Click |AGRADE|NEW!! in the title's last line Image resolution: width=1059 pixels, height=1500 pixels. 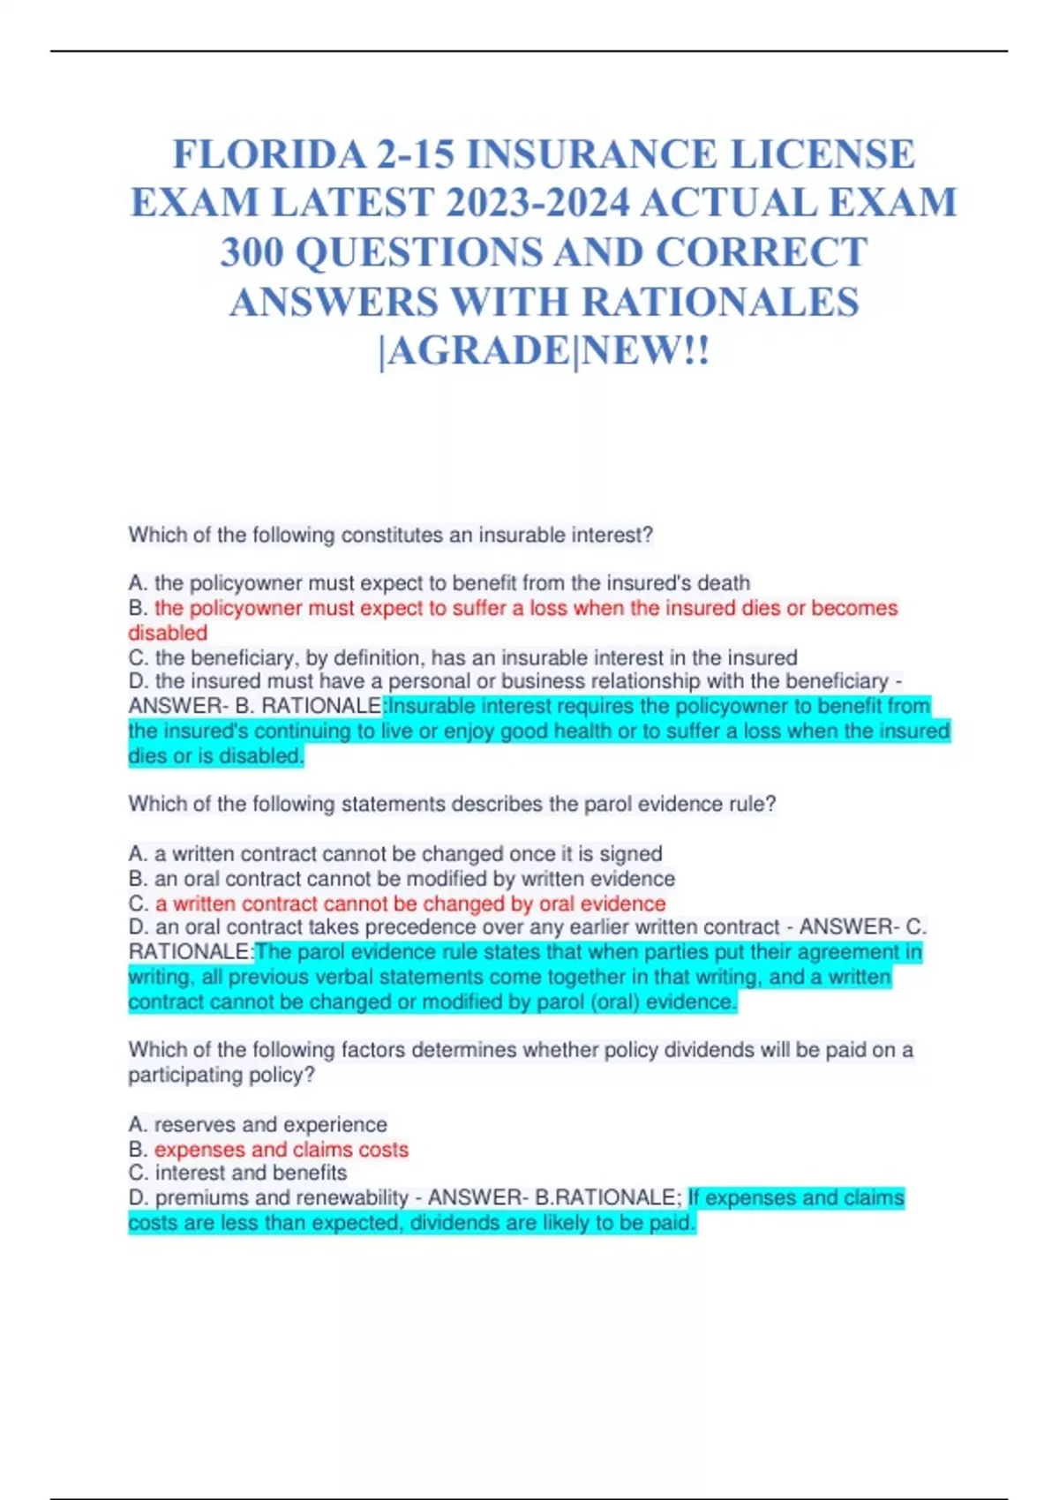tap(544, 351)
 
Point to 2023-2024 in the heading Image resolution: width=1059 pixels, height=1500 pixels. tap(537, 204)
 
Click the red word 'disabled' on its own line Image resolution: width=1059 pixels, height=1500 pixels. tap(168, 633)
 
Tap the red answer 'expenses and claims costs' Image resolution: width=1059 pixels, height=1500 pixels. tap(281, 1150)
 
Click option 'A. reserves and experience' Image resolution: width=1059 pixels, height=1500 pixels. tap(258, 1125)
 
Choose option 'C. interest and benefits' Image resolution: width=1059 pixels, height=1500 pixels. tap(237, 1174)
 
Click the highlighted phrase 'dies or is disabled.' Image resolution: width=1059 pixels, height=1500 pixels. tap(216, 756)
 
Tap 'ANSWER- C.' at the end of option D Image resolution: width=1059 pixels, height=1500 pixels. tap(862, 927)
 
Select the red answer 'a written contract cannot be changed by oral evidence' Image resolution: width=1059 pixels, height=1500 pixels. tap(410, 904)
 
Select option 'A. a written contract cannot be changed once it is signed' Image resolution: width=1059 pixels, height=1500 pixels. tap(395, 854)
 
